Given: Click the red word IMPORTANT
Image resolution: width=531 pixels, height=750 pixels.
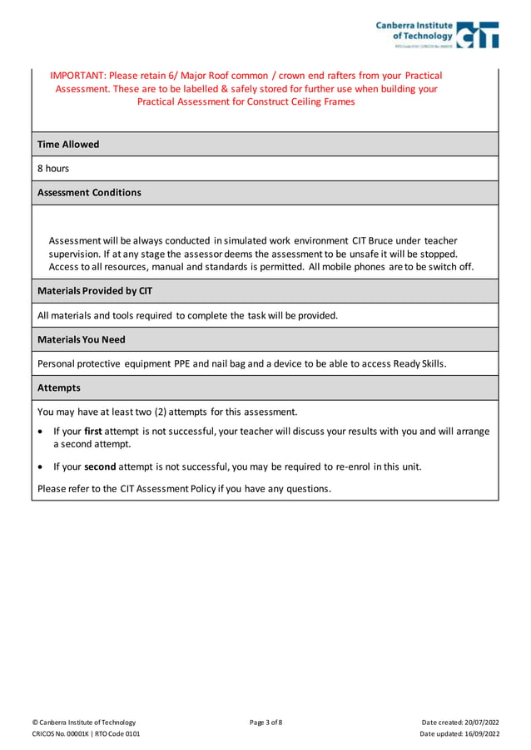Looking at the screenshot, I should coord(77,75).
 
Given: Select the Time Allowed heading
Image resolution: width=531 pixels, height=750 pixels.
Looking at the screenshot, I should coord(68,144).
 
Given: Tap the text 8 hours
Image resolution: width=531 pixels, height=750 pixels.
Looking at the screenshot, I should coord(53,168).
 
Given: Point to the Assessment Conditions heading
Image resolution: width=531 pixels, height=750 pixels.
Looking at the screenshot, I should coord(89,192).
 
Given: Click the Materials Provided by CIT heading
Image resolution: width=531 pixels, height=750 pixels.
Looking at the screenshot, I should coord(95,291).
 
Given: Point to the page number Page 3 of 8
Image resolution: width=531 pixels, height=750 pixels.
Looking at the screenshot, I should coord(265,722).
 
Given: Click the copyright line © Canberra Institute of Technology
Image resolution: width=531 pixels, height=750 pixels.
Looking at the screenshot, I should coord(83,722).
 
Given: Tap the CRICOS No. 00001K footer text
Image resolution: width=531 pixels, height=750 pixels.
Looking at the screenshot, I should coord(62,734).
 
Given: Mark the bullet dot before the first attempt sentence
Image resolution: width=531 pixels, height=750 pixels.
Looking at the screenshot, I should coord(42,432).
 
